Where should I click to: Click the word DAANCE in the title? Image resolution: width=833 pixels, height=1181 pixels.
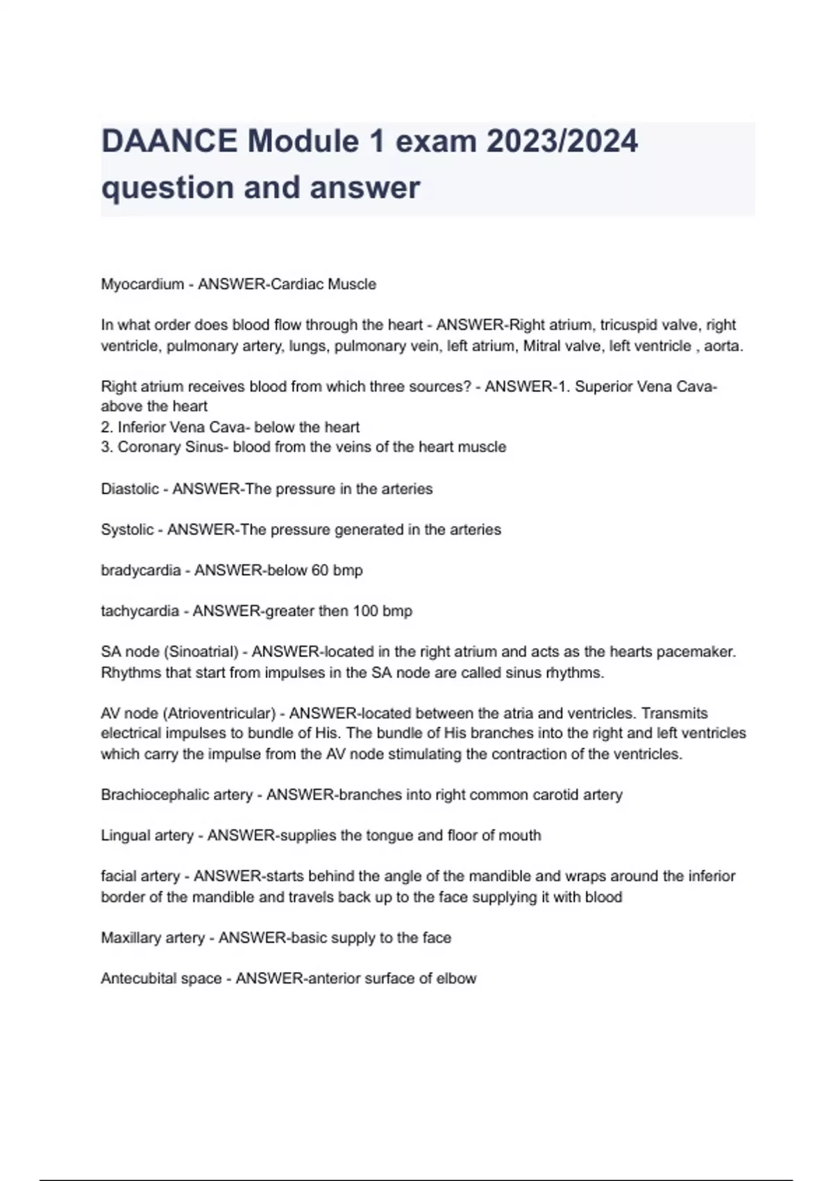pyautogui.click(x=169, y=142)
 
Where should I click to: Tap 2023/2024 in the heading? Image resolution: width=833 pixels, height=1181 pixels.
pyautogui.click(x=562, y=142)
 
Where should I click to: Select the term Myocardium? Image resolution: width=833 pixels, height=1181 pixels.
pyautogui.click(x=142, y=284)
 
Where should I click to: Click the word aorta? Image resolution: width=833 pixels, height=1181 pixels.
pyautogui.click(x=723, y=346)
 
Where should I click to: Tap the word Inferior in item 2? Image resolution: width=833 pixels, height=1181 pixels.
pyautogui.click(x=142, y=427)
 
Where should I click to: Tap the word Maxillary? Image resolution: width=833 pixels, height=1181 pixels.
pyautogui.click(x=130, y=938)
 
